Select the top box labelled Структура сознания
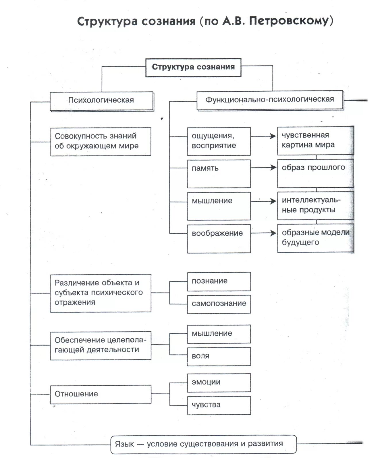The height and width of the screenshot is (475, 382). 193,67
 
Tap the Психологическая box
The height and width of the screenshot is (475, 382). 101,100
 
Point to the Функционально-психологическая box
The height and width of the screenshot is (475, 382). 269,100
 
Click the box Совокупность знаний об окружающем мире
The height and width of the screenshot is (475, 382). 101,141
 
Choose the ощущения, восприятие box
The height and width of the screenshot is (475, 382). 219,141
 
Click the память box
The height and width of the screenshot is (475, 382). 219,174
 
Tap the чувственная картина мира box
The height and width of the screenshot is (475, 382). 315,141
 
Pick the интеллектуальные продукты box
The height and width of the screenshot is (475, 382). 315,205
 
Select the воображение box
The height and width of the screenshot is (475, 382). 219,238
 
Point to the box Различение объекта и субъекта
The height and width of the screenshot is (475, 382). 101,293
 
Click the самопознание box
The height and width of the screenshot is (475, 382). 219,304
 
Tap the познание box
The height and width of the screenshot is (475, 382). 219,281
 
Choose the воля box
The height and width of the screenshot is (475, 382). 219,356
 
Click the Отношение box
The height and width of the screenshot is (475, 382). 101,394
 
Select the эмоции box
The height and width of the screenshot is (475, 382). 219,382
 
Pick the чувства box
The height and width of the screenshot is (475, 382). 219,405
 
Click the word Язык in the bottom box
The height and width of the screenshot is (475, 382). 124,444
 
